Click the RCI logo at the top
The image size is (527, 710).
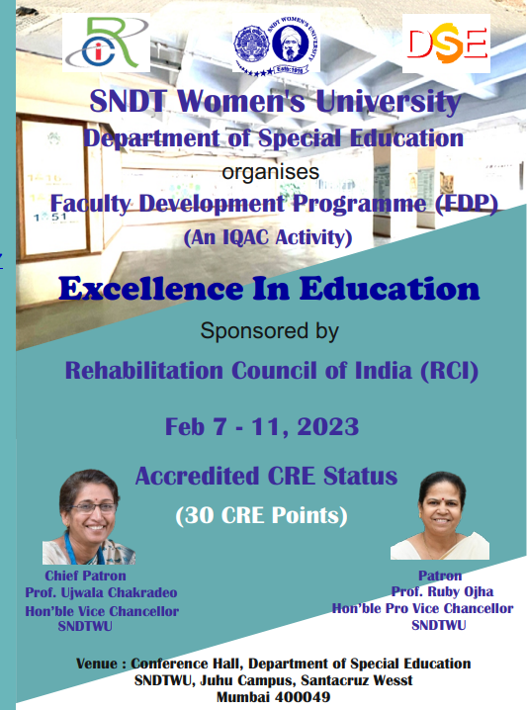(x=106, y=43)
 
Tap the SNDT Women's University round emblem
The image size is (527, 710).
(x=276, y=44)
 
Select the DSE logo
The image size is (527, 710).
(x=446, y=44)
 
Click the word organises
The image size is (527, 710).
(x=270, y=172)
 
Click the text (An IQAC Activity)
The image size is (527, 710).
(x=268, y=237)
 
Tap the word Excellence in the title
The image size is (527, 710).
(x=151, y=289)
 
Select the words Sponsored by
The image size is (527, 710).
(x=269, y=331)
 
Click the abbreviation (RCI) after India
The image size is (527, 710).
(x=449, y=371)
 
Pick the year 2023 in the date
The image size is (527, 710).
(x=328, y=427)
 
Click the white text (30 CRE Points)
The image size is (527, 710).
(x=262, y=515)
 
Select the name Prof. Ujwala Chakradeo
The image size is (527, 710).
(x=101, y=592)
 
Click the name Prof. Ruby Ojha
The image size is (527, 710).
(x=442, y=591)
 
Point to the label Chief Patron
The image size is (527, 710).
(x=85, y=576)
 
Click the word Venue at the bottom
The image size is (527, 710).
(x=97, y=664)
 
